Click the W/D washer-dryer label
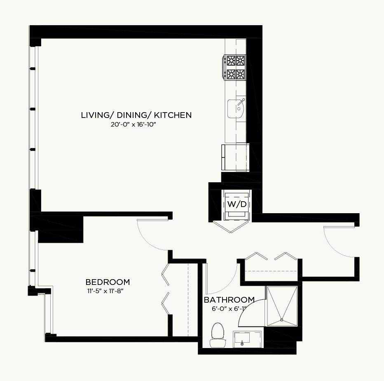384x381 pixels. coord(236,204)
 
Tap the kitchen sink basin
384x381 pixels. coord(235,108)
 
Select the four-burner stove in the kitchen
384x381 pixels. coord(234,67)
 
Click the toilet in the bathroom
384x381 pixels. coord(218,335)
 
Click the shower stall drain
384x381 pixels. coord(282,320)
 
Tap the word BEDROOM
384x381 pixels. coord(108,282)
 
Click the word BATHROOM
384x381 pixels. coord(229,300)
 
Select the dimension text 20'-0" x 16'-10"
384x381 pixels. coord(133,125)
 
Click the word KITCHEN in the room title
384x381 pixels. coord(173,115)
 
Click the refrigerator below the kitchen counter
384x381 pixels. coord(235,157)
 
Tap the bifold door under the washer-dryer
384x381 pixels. coord(232,227)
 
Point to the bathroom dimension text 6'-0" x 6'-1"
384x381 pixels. coord(229,309)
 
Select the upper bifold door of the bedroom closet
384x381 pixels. coord(165,274)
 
